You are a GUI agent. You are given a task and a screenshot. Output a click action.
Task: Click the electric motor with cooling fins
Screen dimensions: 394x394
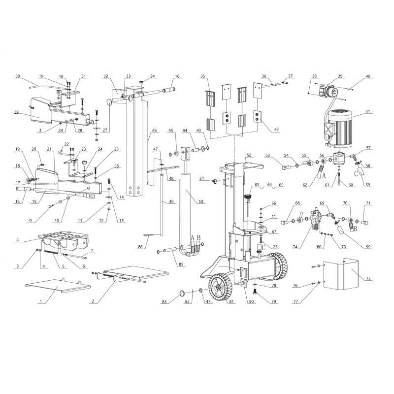pos(338,129)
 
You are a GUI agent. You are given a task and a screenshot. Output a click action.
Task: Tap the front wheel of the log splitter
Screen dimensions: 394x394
pos(218,287)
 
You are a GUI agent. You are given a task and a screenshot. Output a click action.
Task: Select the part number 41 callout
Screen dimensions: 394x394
pos(368,112)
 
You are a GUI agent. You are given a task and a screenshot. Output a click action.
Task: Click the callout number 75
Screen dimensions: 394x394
pos(368,278)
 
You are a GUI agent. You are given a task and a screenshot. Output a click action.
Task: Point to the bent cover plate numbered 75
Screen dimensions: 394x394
pos(341,274)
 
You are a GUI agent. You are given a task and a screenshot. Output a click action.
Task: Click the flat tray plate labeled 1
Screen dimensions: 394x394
pos(58,286)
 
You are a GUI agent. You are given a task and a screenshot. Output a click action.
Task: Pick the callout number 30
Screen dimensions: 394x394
pos(18,76)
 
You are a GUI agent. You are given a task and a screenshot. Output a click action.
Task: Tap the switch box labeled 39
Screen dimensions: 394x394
pos(328,92)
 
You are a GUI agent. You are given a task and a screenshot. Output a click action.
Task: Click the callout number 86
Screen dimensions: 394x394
pos(140,247)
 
